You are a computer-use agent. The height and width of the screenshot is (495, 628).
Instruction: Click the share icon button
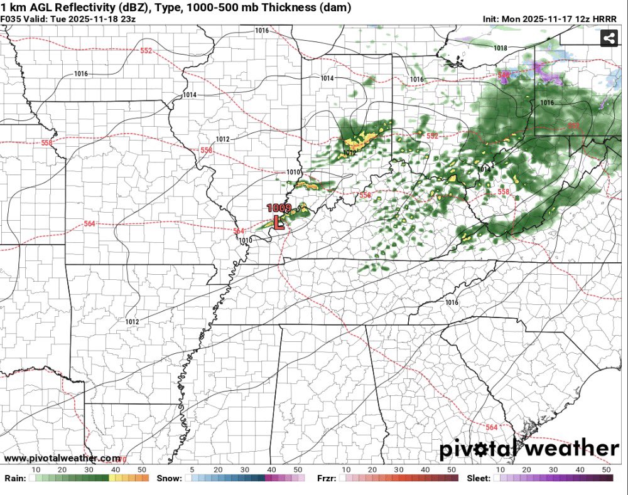(608, 38)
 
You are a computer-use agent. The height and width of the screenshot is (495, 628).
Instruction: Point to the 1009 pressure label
(278, 208)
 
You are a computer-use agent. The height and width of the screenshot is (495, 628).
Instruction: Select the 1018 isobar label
(501, 48)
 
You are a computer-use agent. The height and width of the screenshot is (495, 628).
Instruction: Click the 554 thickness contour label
(366, 196)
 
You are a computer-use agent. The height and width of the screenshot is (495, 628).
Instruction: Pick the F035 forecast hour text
(11, 19)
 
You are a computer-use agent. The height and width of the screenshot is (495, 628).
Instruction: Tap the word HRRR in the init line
(606, 19)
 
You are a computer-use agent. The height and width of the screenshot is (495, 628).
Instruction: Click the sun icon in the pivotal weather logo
(501, 449)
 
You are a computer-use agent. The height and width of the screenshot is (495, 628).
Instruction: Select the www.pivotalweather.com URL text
(62, 459)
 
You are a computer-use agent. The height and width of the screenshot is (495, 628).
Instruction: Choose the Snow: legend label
(170, 478)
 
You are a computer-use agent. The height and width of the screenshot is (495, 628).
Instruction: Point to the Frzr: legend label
(325, 478)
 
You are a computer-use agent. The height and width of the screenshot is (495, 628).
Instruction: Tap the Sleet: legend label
(480, 478)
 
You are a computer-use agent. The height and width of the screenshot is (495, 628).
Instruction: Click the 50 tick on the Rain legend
(142, 469)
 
